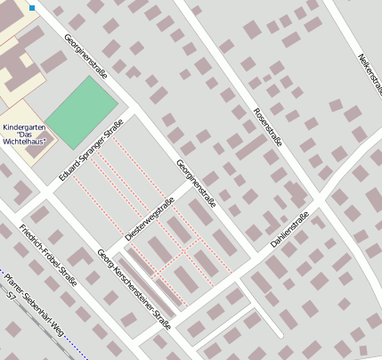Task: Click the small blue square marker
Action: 32,8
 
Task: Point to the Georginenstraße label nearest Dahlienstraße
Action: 196,185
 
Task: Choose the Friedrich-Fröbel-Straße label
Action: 47,257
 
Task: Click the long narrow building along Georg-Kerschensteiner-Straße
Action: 152,280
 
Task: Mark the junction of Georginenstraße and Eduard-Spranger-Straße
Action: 134,114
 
